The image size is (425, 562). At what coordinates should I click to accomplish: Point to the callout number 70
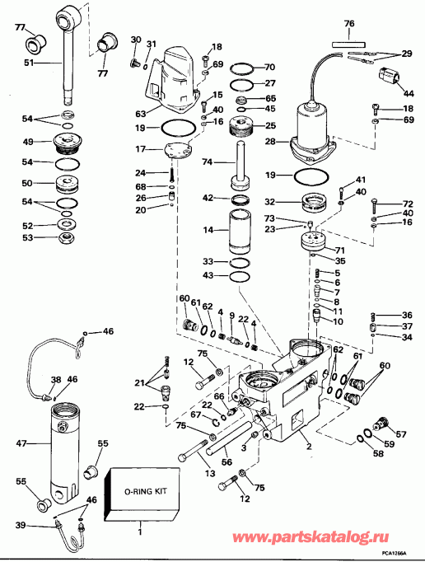[x=270, y=67]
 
